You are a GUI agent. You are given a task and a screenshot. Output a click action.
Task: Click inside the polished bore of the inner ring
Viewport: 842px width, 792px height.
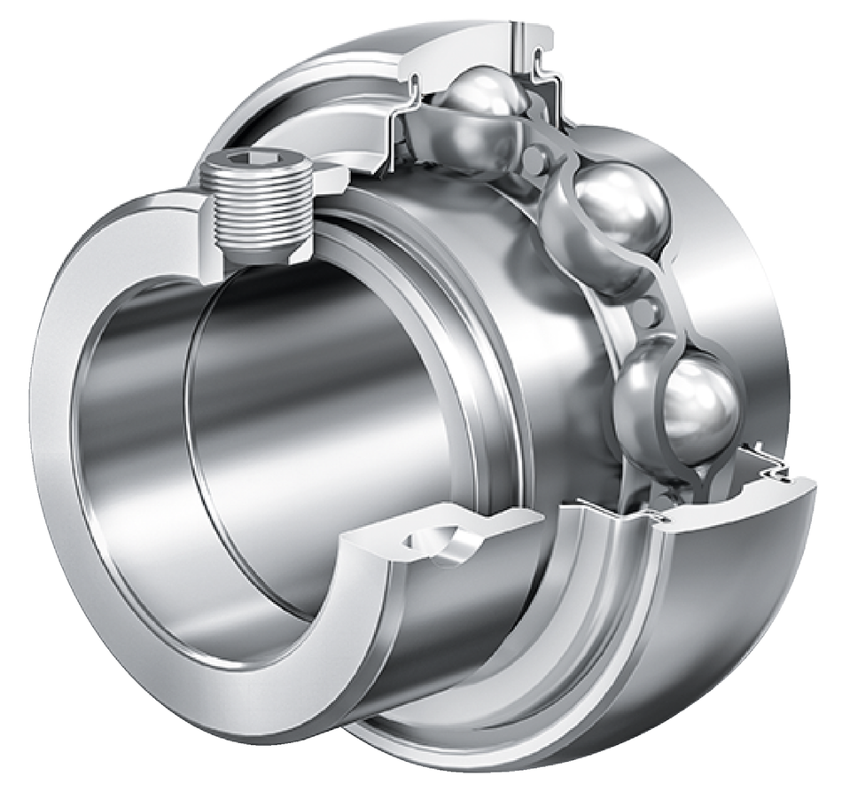(310, 399)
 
